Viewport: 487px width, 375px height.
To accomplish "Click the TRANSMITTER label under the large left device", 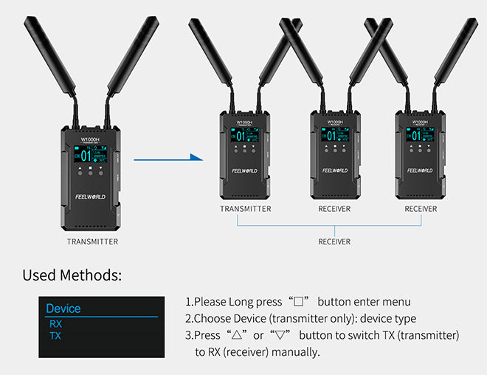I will [92, 241].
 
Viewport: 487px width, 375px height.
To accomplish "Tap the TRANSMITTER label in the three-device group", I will [246, 209].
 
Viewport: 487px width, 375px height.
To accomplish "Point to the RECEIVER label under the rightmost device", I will [421, 209].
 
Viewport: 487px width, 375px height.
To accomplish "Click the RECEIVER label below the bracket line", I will [334, 241].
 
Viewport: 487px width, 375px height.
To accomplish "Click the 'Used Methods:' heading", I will [72, 275].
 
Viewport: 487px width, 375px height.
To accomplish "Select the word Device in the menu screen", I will [63, 309].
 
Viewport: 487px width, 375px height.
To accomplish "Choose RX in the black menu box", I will [55, 323].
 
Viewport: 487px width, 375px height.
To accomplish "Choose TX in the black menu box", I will [55, 336].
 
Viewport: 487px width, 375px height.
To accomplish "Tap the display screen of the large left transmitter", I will [90, 155].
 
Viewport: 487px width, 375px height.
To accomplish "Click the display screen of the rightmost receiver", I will [421, 135].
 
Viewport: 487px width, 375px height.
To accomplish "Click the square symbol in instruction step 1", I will [298, 302].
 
